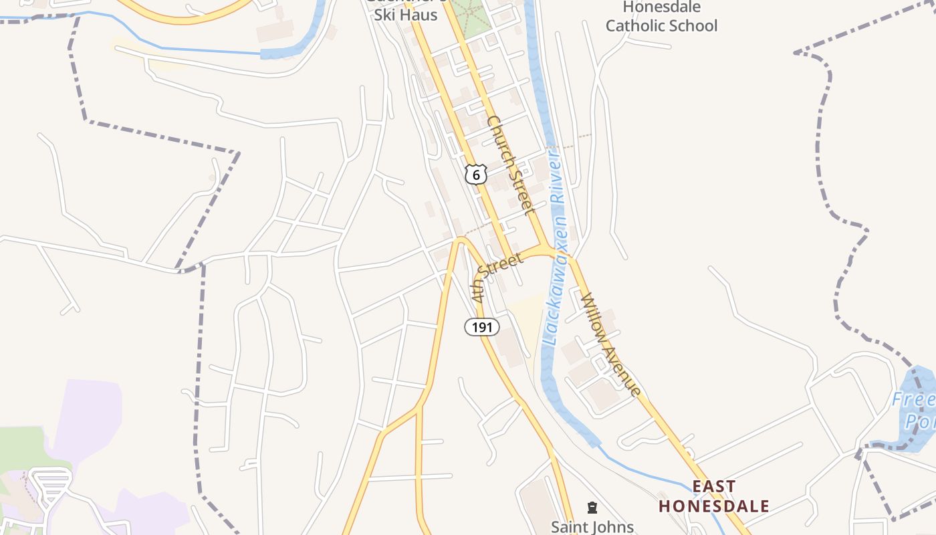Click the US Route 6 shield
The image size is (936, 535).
pos(475,175)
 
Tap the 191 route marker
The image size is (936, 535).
pos(482,327)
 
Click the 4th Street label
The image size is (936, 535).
pos(496,276)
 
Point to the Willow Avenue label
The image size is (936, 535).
pos(611,344)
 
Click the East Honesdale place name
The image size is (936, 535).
pos(714,496)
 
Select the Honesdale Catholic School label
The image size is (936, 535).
pos(661,17)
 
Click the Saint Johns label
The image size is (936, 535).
pos(592,526)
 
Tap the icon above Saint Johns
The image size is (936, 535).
pos(592,508)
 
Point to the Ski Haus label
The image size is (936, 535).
pos(406,15)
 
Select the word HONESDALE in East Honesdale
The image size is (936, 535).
pos(714,506)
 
